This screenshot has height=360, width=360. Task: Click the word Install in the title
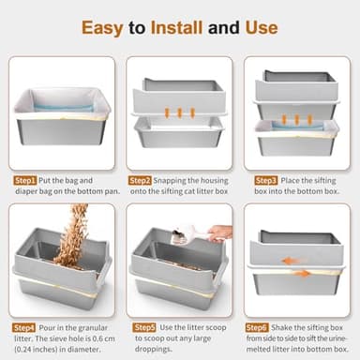(174, 27)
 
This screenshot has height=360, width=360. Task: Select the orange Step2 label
(141, 179)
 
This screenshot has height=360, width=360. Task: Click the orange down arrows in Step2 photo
(180, 112)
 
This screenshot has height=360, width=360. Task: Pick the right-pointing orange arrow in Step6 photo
(304, 274)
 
